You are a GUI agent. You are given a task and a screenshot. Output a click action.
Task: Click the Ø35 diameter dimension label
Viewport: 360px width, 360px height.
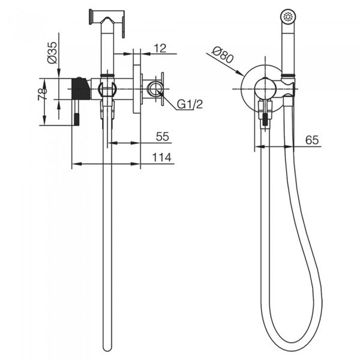point(52,53)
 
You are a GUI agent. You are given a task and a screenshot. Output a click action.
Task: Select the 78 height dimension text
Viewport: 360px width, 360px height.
point(43,94)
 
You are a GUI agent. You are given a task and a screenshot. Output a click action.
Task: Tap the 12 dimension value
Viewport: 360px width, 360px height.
point(160,48)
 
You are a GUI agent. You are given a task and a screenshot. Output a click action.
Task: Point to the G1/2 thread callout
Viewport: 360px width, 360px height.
point(190,104)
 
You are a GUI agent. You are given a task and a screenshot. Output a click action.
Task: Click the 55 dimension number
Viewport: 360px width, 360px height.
point(163,137)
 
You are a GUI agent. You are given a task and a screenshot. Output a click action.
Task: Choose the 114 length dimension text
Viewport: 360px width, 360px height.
point(162,157)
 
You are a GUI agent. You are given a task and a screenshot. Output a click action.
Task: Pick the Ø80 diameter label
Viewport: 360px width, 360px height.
point(223,55)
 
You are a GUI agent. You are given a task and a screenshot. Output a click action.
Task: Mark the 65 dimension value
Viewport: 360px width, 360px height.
point(312,140)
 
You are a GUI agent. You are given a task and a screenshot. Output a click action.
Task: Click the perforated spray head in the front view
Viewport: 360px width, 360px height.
point(288,17)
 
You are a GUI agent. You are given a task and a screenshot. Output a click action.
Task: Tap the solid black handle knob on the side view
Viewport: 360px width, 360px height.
point(81,89)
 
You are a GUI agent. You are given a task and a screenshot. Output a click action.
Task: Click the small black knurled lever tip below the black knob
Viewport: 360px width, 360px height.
point(77,119)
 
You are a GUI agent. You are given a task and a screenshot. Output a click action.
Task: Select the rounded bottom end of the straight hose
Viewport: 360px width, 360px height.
point(107,347)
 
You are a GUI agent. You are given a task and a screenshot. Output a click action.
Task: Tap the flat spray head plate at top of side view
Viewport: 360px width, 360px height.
point(91,17)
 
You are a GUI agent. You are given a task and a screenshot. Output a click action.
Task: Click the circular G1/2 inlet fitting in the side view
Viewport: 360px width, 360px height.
point(155,89)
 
